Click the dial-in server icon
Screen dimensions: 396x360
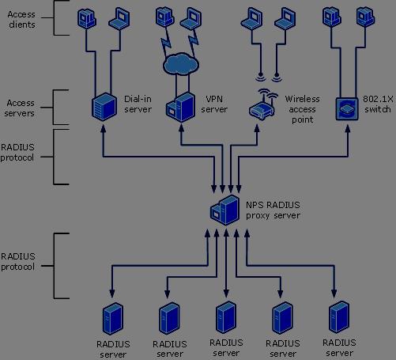coord(104,107)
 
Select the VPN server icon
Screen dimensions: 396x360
coord(181,108)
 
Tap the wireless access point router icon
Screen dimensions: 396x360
coord(263,104)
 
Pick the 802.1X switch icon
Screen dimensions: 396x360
coord(347,108)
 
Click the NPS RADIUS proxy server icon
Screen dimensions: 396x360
coord(225,210)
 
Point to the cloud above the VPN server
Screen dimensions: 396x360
coord(181,64)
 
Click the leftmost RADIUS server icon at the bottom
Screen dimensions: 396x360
coord(113,319)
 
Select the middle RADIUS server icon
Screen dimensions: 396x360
coord(226,317)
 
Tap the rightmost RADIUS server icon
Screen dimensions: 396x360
coord(339,317)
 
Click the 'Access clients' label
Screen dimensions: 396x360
coord(21,19)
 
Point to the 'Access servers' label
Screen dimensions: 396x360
coord(20,108)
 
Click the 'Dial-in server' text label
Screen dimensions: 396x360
coord(138,104)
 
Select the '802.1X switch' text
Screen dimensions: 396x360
coord(378,104)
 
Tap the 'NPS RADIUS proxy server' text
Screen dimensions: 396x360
coord(273,210)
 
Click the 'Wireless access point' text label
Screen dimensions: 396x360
coord(302,109)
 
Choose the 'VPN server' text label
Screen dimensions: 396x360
coord(214,104)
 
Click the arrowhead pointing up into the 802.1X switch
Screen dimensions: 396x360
coord(348,128)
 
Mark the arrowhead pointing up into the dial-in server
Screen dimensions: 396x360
coord(104,128)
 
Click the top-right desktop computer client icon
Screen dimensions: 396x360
coord(365,17)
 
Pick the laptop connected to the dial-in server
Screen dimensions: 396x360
coord(119,19)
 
